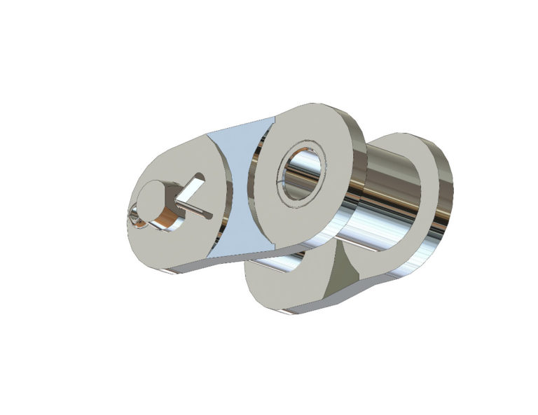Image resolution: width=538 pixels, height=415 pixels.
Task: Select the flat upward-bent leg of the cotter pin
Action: [x=193, y=188]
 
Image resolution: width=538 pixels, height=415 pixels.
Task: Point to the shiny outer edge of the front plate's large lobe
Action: [x=357, y=161]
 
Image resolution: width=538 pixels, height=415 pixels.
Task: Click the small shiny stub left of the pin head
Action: [x=134, y=218]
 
